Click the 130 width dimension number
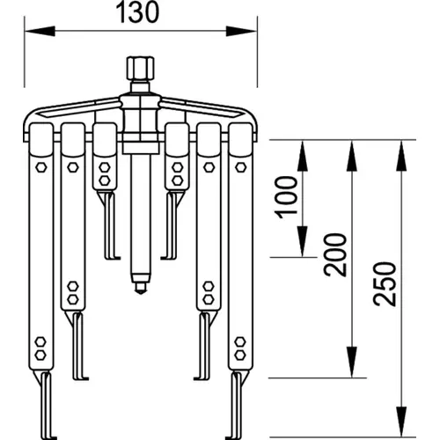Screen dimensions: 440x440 (x=137, y=12)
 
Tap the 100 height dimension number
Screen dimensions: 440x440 (x=286, y=197)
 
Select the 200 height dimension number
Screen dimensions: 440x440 (x=335, y=254)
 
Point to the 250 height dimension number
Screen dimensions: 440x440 (x=385, y=283)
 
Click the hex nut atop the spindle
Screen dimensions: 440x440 (x=141, y=69)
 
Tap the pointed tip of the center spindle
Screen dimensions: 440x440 (x=141, y=292)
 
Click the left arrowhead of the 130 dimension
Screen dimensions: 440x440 (x=40, y=31)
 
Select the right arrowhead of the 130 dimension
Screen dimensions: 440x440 (x=241, y=31)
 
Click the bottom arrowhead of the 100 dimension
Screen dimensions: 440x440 (x=303, y=241)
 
